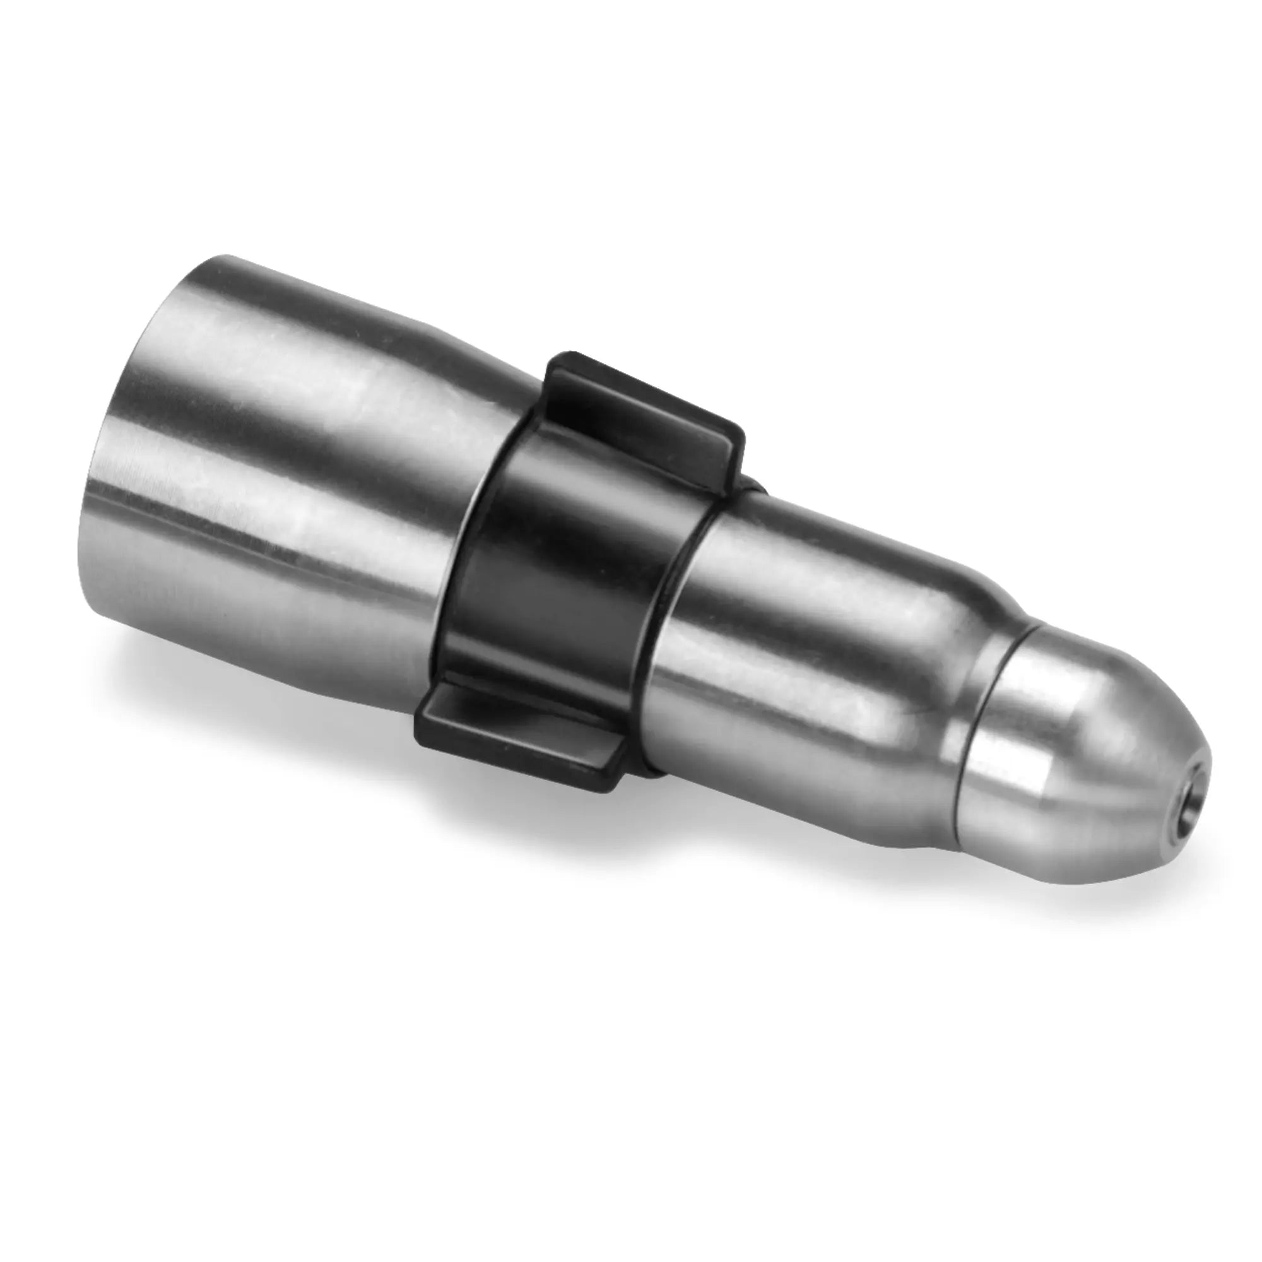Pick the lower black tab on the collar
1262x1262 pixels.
pos(522,738)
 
